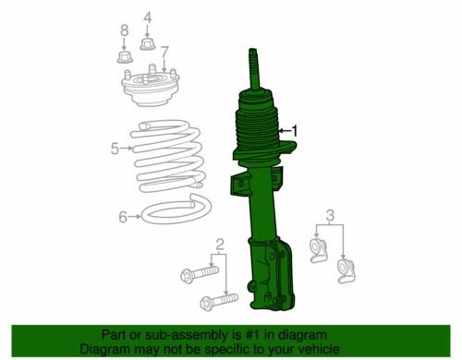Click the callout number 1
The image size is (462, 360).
point(295,130)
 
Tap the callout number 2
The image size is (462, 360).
point(219,245)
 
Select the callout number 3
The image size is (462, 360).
point(330,215)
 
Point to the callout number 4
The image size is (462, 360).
point(148,18)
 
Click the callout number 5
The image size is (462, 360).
point(115,149)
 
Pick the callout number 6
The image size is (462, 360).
point(123,217)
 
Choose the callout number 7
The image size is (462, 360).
point(164,52)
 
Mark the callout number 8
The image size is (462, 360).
point(125,30)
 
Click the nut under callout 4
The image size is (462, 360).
point(148,44)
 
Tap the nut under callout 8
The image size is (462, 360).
point(125,57)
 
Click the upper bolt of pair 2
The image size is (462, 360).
point(200,273)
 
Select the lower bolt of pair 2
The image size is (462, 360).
point(219,301)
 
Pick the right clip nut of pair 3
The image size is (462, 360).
point(346,270)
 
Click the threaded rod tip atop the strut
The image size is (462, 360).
point(253,50)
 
